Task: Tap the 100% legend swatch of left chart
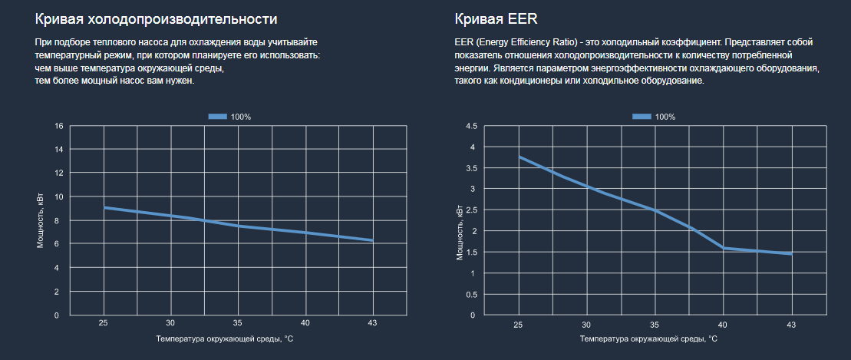217,116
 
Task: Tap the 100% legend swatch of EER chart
642,116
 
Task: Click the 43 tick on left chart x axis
373,323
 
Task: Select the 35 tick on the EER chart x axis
655,323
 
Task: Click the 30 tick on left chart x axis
170,323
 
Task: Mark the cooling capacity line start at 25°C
104,207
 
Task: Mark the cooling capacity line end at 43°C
373,240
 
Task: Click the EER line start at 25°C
520,157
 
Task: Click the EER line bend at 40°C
723,247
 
